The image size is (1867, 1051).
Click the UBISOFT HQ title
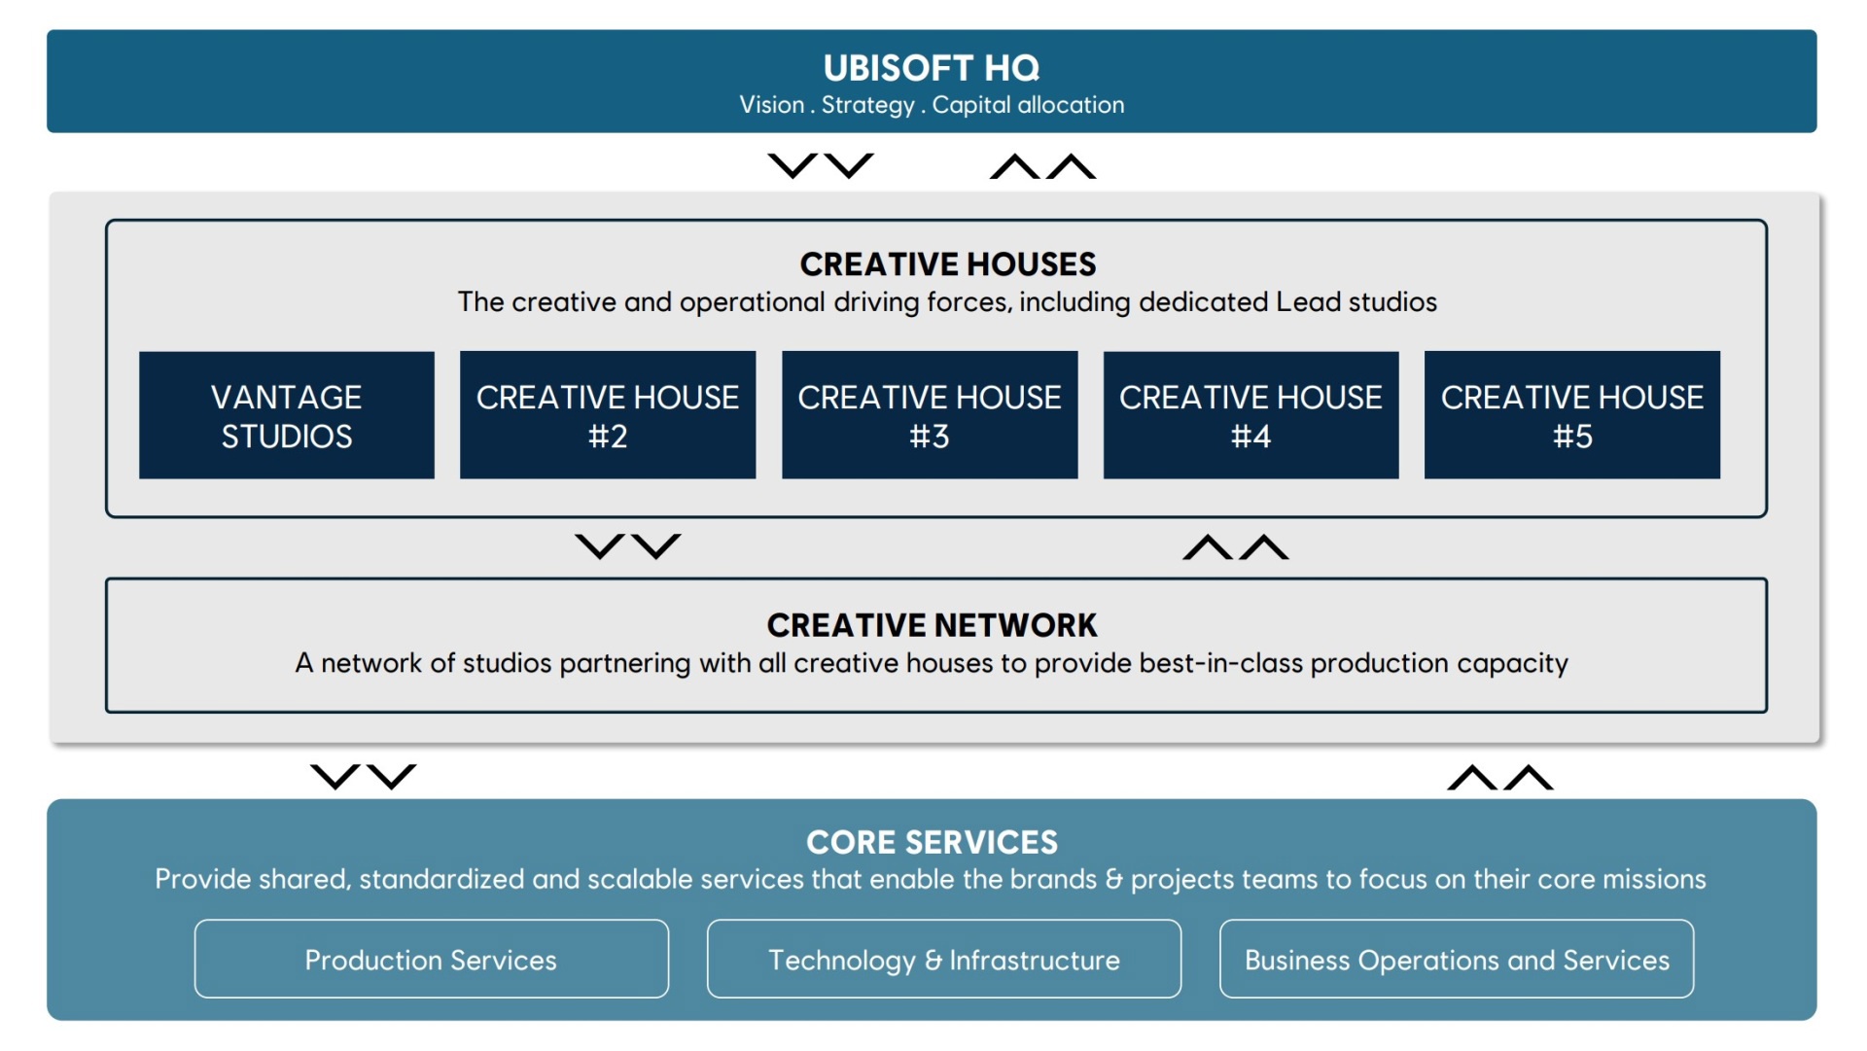(x=932, y=68)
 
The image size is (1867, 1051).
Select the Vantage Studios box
(x=287, y=415)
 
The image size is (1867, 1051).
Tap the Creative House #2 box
(x=608, y=415)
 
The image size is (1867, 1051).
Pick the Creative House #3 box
(x=930, y=415)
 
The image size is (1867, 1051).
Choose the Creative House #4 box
(x=1251, y=415)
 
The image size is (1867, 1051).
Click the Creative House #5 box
(x=1572, y=415)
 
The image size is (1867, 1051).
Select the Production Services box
(x=432, y=959)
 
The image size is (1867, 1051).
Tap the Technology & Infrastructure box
(x=944, y=959)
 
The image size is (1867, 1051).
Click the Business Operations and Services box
(x=1457, y=959)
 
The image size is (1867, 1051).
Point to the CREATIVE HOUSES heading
(x=948, y=264)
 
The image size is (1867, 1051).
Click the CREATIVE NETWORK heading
(x=932, y=625)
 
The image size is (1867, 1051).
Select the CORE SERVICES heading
(x=932, y=842)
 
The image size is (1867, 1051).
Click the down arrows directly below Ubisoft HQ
(x=821, y=166)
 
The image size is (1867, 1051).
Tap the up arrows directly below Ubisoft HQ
(x=1042, y=166)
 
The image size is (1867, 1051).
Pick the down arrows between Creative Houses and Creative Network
(x=628, y=546)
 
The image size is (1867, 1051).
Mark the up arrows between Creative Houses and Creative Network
(x=1236, y=546)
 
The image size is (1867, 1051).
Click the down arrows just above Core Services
(x=363, y=777)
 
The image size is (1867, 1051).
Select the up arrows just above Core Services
(x=1500, y=777)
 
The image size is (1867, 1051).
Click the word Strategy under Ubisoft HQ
(x=867, y=105)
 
